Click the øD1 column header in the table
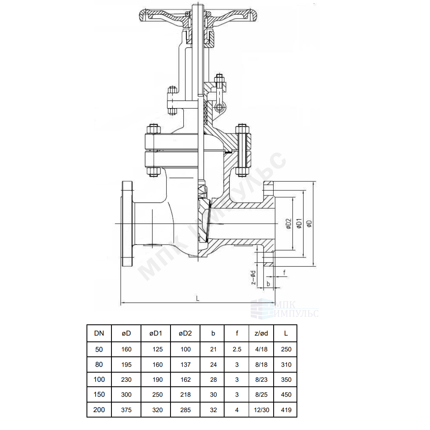click(156, 333)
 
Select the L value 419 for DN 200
click(286, 410)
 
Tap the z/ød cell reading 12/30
click(262, 410)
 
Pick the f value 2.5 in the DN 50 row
click(237, 349)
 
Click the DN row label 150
click(99, 394)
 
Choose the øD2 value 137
click(185, 364)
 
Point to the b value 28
click(213, 380)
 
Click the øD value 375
click(126, 410)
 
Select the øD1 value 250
click(158, 394)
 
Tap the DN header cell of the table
click(99, 333)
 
